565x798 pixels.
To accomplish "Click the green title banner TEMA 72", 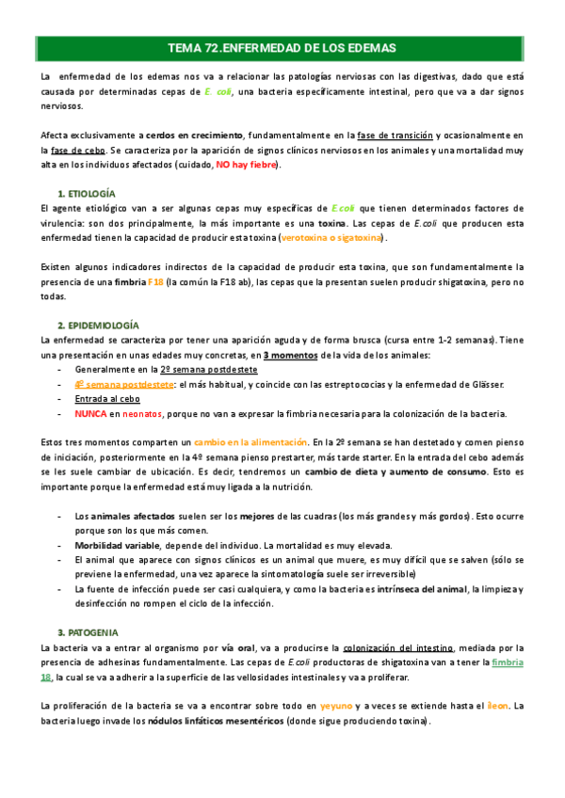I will tap(282, 47).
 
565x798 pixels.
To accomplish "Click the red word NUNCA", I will tap(90, 413).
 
